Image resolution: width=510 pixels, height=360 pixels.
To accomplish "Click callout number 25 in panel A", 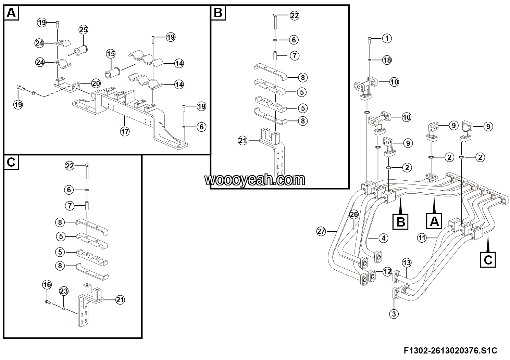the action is click(x=83, y=30).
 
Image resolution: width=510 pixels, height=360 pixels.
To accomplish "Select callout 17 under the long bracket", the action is click(x=125, y=132).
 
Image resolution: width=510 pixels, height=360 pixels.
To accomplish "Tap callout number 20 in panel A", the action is click(x=96, y=83).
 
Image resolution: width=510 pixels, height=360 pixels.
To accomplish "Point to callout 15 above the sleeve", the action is click(x=111, y=54).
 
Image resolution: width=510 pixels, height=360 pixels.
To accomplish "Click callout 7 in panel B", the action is click(x=295, y=55).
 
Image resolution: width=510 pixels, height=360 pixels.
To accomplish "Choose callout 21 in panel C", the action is click(x=120, y=300).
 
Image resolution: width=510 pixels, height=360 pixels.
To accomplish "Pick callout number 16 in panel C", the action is click(x=47, y=284).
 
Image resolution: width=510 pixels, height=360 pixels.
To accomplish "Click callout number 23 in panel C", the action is click(x=64, y=291).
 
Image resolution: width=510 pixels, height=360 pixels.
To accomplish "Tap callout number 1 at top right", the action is click(x=387, y=38).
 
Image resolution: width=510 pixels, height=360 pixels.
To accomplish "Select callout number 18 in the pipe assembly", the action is click(x=387, y=60).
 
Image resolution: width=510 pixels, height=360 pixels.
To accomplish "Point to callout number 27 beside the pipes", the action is click(x=321, y=232).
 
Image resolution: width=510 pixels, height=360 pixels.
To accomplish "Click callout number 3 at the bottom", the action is click(x=394, y=314).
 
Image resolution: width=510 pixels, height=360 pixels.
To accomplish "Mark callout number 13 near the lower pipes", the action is click(x=407, y=263).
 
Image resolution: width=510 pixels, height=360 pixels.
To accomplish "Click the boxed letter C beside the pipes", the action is click(x=488, y=260).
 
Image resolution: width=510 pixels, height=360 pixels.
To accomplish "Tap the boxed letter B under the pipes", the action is click(x=400, y=221).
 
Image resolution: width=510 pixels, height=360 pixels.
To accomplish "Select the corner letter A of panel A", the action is click(x=11, y=13).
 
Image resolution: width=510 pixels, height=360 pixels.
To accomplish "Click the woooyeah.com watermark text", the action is click(x=254, y=180).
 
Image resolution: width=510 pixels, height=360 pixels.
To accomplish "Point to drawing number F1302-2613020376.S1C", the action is click(x=451, y=350).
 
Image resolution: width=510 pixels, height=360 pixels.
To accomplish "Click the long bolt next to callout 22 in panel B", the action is click(x=275, y=21).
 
